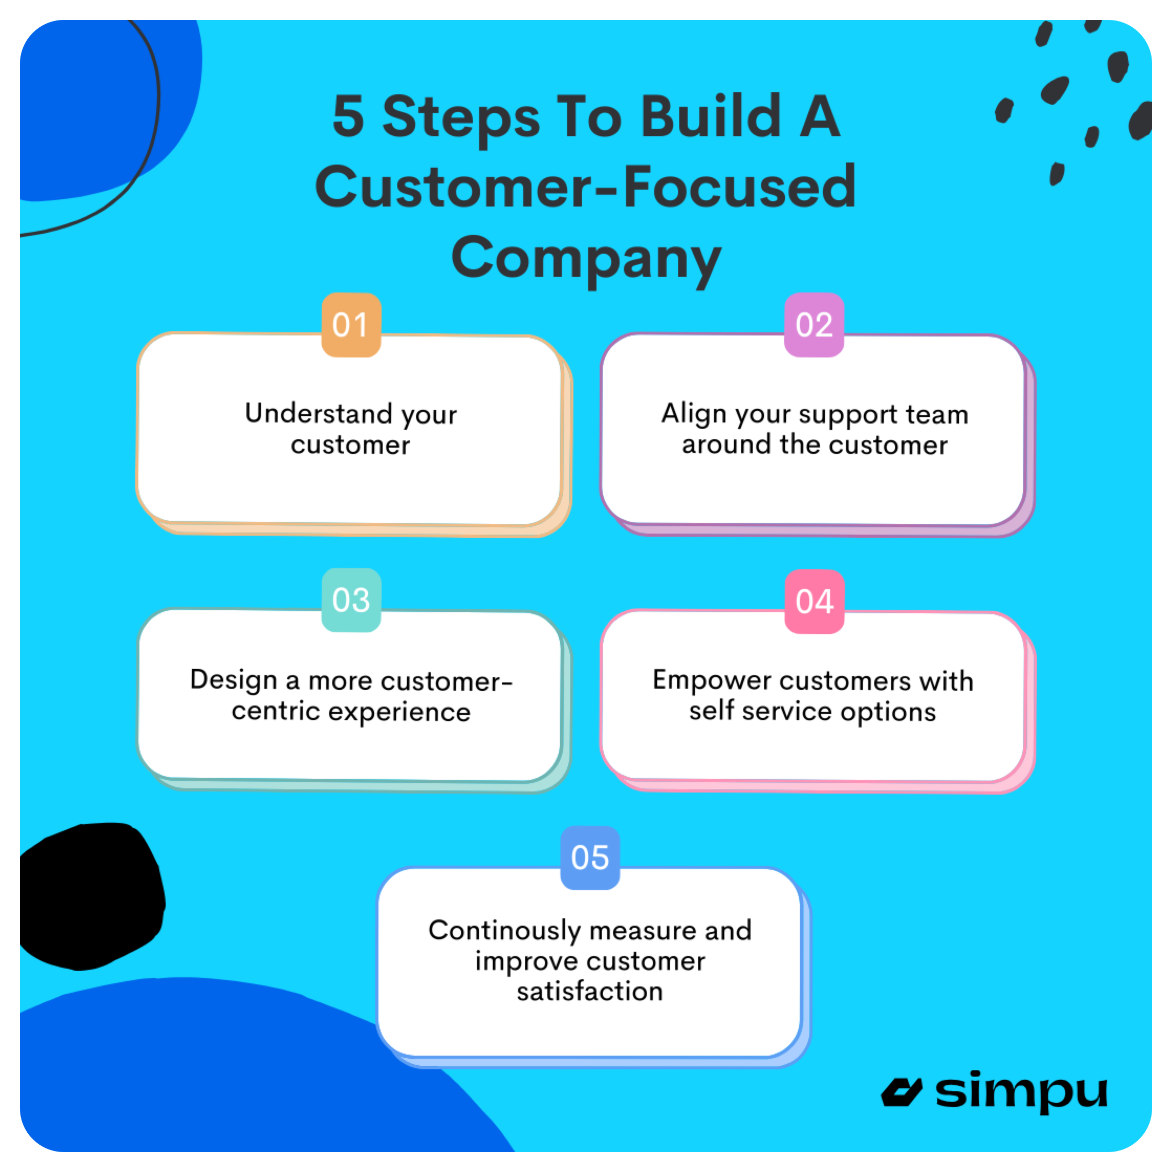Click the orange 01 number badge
(x=351, y=325)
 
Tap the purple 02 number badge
(x=814, y=325)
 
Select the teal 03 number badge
(x=351, y=600)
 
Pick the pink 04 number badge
(x=814, y=601)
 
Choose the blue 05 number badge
(x=590, y=858)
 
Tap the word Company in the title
(x=586, y=258)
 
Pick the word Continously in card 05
(x=504, y=930)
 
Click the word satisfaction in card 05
(x=590, y=991)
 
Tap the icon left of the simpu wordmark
(x=902, y=1092)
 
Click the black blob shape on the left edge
(x=91, y=895)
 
